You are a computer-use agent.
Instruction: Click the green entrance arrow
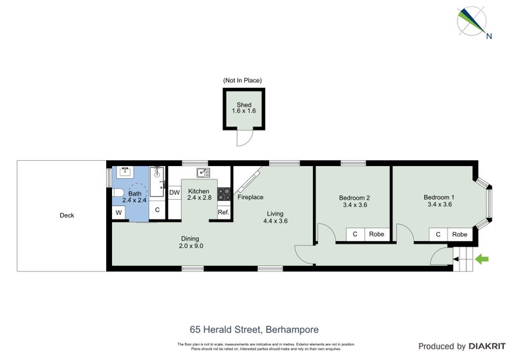click(482, 259)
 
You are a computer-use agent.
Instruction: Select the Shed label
click(244, 105)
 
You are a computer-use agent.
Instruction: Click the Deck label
click(67, 215)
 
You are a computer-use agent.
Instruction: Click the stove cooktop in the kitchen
click(224, 193)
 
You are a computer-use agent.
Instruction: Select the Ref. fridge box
click(223, 212)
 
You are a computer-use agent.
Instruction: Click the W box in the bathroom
click(119, 212)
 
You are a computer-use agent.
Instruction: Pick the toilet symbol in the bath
click(118, 193)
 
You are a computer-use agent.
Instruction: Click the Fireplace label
click(251, 197)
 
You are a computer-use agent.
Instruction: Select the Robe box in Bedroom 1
click(459, 234)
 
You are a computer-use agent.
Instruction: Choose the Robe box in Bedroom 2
click(377, 234)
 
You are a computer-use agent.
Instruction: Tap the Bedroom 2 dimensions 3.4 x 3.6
click(354, 205)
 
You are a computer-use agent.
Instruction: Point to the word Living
click(275, 214)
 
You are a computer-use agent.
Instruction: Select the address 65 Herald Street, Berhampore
click(254, 329)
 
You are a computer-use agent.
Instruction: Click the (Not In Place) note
click(242, 80)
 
